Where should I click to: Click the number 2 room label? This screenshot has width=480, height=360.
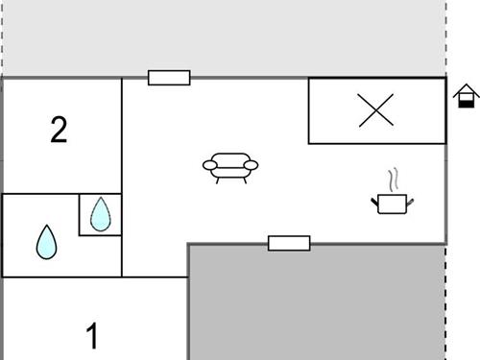[x=60, y=130]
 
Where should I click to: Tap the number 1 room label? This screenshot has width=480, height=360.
[x=92, y=337]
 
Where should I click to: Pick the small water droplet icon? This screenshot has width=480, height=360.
[x=101, y=214]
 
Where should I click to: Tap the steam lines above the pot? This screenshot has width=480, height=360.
[x=392, y=180]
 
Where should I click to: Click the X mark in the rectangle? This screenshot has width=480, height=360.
[x=375, y=111]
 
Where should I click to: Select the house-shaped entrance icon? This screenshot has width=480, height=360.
[x=466, y=95]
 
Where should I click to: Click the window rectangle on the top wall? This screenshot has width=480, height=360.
[x=169, y=78]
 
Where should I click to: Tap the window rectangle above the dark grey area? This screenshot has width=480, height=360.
[x=289, y=243]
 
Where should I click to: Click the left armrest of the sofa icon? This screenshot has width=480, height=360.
[x=208, y=166]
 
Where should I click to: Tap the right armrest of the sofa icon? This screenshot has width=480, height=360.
[x=252, y=166]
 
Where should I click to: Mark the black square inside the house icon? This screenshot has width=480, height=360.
[x=466, y=100]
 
